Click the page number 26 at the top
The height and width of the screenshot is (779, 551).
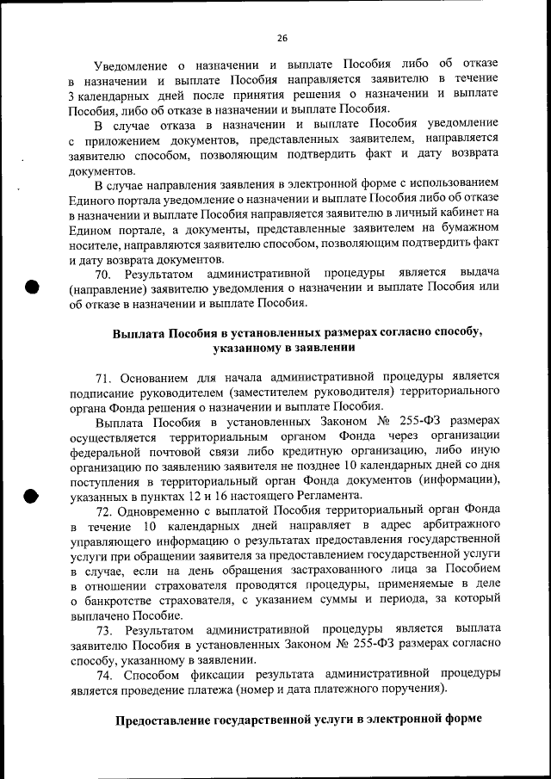coord(282,38)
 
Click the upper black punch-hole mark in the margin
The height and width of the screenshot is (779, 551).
coord(32,287)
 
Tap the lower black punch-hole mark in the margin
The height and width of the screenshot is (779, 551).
coord(32,495)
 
